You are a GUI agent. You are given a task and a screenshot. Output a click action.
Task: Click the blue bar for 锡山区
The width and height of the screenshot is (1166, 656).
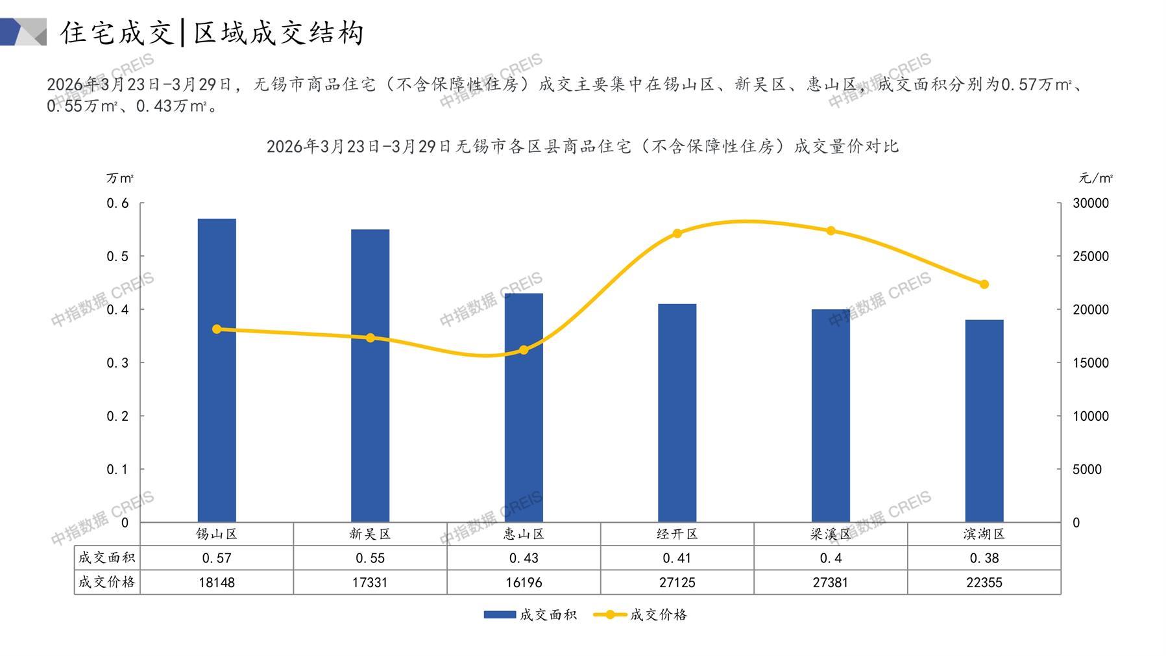tap(217, 370)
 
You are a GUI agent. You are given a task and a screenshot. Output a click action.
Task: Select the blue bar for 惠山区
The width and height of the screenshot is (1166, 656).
tap(524, 407)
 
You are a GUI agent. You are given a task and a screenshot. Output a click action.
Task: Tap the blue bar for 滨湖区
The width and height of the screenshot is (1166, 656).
tap(984, 421)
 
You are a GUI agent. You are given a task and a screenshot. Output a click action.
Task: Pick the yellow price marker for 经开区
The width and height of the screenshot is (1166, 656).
tap(677, 233)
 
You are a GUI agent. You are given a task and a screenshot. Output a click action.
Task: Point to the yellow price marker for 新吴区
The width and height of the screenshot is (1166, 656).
tap(370, 338)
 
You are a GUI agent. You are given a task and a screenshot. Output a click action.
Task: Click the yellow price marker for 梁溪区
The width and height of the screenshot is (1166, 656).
tap(831, 231)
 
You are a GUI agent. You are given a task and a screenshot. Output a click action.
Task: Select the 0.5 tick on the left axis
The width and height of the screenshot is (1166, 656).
tap(118, 257)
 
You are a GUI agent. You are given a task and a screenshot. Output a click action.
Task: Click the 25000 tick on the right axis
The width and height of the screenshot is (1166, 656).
tap(1091, 257)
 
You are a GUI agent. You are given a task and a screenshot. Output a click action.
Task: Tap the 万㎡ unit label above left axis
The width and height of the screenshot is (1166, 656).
tap(120, 178)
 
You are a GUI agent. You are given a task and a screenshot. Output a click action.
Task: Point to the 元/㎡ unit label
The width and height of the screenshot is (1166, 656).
tap(1095, 178)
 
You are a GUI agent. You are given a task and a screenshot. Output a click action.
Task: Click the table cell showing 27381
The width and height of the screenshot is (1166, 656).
tap(831, 583)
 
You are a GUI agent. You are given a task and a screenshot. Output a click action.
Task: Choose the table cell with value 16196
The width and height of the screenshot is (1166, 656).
tap(524, 583)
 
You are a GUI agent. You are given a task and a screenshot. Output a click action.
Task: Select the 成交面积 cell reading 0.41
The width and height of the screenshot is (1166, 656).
tap(677, 558)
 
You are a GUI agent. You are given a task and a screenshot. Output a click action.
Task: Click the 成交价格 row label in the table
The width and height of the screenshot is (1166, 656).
tap(107, 582)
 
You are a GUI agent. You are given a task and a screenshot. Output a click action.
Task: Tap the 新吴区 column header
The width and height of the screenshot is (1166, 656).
tap(370, 534)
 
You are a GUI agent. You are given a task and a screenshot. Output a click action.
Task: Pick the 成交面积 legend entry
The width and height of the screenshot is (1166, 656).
tap(531, 614)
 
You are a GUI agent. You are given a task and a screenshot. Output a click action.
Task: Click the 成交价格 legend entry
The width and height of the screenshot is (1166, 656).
tap(641, 614)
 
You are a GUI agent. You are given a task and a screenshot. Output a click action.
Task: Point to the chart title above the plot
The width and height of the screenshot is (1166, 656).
tap(583, 147)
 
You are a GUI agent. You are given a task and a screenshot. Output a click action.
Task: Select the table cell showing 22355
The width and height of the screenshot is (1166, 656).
tap(984, 583)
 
